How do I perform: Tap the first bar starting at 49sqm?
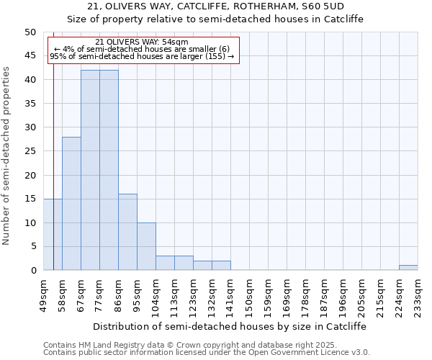(53, 235)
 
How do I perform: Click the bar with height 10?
(146, 246)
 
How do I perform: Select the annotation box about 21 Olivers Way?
(142, 50)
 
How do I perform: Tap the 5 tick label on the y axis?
(32, 246)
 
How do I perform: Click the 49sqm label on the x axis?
(44, 291)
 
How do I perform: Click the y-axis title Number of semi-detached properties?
(7, 156)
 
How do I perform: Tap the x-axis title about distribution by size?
(230, 326)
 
